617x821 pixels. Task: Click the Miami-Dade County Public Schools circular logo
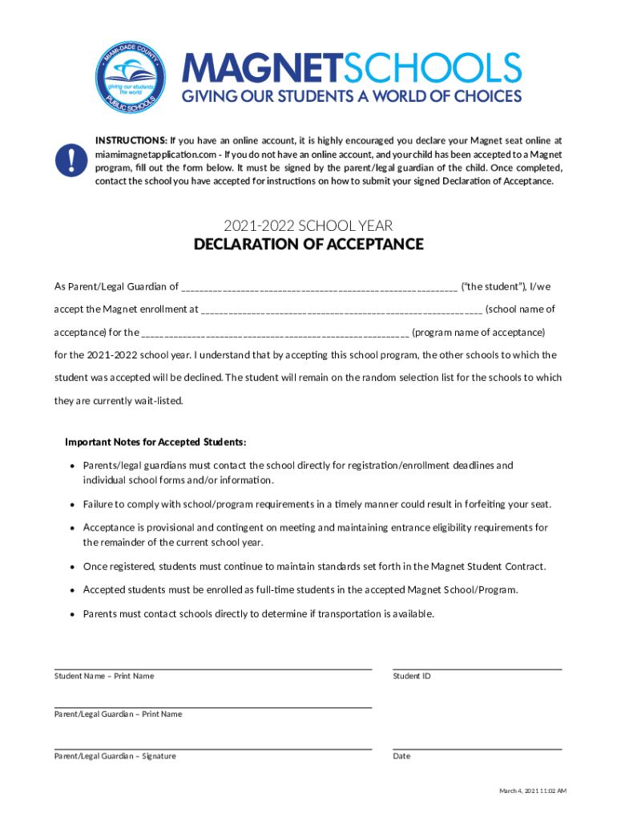tap(129, 79)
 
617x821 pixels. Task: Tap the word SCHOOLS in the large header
tap(433, 69)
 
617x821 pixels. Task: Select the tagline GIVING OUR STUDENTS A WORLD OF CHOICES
tap(351, 97)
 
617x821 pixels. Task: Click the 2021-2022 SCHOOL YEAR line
tap(308, 226)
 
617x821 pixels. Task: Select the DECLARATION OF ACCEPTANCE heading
tap(308, 245)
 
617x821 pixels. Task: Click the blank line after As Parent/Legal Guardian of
tap(320, 287)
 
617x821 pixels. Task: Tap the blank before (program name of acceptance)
tap(276, 332)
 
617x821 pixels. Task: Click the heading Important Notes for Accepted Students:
tap(155, 442)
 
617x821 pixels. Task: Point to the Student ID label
tap(412, 676)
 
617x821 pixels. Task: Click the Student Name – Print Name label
tap(104, 676)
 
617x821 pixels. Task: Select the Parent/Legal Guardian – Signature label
tap(115, 756)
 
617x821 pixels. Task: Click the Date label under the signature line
tap(401, 756)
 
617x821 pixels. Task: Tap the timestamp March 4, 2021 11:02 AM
tap(533, 791)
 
